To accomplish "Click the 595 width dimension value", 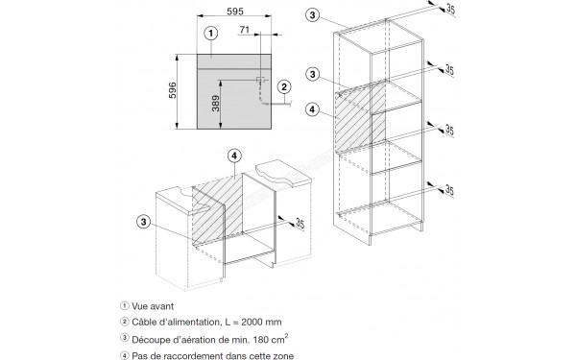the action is pyautogui.click(x=235, y=12).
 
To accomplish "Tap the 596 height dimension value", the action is pyautogui.click(x=172, y=90).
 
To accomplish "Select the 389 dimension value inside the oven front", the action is pyautogui.click(x=216, y=104).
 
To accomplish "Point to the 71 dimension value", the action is pyautogui.click(x=245, y=30).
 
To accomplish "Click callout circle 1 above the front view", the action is pyautogui.click(x=211, y=34).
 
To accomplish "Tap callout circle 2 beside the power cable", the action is pyautogui.click(x=284, y=87).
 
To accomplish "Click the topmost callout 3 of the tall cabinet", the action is pyautogui.click(x=312, y=15).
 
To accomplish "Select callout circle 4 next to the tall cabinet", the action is pyautogui.click(x=312, y=109).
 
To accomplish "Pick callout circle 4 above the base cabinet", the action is pyautogui.click(x=234, y=156).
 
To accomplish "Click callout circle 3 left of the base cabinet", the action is pyautogui.click(x=144, y=222).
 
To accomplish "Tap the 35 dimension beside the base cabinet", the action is pyautogui.click(x=300, y=224).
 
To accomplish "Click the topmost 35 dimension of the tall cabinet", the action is pyautogui.click(x=450, y=10).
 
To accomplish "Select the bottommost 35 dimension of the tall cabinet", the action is pyautogui.click(x=449, y=190).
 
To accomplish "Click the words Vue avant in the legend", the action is pyautogui.click(x=153, y=306).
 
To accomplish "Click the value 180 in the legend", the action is pyautogui.click(x=260, y=340).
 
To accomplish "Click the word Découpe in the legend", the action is pyautogui.click(x=146, y=340).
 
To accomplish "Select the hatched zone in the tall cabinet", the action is pyautogui.click(x=360, y=116).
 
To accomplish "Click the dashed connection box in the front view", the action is pyautogui.click(x=260, y=80).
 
